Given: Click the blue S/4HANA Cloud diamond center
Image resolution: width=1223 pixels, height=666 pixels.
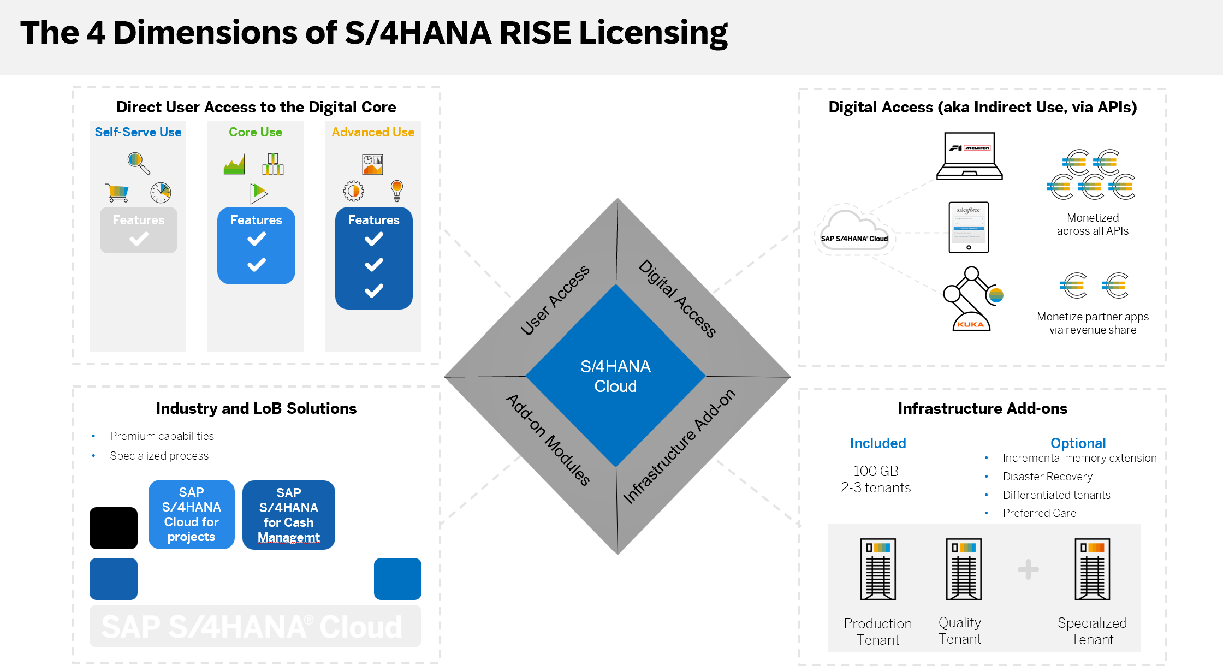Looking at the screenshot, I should tap(615, 376).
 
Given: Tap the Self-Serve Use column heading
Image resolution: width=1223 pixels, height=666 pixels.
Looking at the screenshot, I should tap(138, 132).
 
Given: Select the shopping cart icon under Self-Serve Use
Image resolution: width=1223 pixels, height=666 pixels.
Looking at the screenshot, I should tap(117, 192).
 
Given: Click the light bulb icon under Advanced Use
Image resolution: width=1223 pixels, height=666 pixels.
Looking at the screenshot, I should tap(397, 191).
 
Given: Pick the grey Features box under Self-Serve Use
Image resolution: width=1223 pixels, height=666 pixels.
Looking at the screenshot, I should tap(139, 230).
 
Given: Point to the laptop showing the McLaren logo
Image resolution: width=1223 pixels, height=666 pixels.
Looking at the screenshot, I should tap(970, 156).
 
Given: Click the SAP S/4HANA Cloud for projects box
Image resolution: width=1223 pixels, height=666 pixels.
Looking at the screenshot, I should tap(192, 514).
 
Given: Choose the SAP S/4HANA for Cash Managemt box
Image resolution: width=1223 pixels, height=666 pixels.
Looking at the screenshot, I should tap(289, 515).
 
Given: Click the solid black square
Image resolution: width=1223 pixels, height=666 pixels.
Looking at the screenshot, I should tap(114, 528).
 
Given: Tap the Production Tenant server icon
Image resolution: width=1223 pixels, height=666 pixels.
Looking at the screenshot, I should tap(878, 569).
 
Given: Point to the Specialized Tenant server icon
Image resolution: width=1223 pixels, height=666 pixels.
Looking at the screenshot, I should tap(1092, 569).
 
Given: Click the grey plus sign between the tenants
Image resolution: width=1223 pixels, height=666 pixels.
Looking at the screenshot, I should tap(1028, 569).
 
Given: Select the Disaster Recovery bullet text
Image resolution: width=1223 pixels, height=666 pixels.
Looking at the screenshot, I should tap(1047, 477).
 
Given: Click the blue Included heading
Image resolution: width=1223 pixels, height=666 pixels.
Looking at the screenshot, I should tap(878, 443).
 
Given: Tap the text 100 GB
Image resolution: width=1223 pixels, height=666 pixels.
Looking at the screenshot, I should tap(876, 471).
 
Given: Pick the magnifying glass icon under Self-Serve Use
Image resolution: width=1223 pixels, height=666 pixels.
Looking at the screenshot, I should tap(139, 163).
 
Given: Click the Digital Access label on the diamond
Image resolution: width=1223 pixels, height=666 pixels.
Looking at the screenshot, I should tap(678, 299).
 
